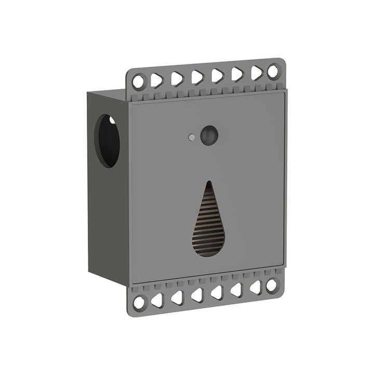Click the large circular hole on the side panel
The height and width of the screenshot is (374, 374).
point(107,141)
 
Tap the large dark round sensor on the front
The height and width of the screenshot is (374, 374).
point(209,135)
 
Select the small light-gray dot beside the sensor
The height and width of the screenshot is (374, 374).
point(192,138)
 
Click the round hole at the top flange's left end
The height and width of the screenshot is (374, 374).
point(139,82)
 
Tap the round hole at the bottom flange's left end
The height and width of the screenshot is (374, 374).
point(139,302)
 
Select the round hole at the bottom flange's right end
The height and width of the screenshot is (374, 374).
point(271,285)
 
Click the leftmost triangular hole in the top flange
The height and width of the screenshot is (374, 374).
point(156,80)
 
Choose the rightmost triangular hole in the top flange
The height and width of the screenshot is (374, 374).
point(256,73)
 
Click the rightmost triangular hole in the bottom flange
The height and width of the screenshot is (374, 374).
point(256,287)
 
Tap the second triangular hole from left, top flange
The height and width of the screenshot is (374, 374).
point(177,78)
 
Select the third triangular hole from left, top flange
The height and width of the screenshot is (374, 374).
point(197,77)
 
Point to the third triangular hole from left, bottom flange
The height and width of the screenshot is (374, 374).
point(197,295)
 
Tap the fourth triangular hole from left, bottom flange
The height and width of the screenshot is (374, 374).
point(217,292)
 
